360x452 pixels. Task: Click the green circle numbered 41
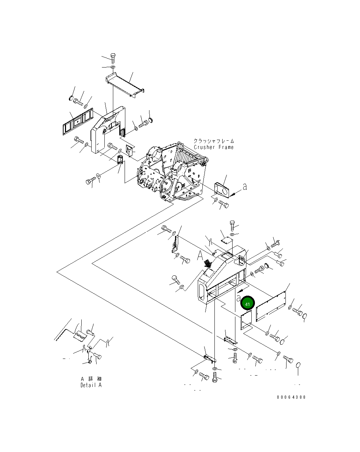click(x=247, y=304)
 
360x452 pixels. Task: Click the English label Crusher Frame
click(x=214, y=147)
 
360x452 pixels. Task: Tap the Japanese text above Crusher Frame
click(x=214, y=141)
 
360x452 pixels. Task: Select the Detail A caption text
click(x=91, y=385)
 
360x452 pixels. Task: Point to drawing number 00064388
click(x=291, y=397)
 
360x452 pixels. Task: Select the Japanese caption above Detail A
click(x=91, y=379)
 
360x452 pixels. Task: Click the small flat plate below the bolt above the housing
click(x=225, y=240)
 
